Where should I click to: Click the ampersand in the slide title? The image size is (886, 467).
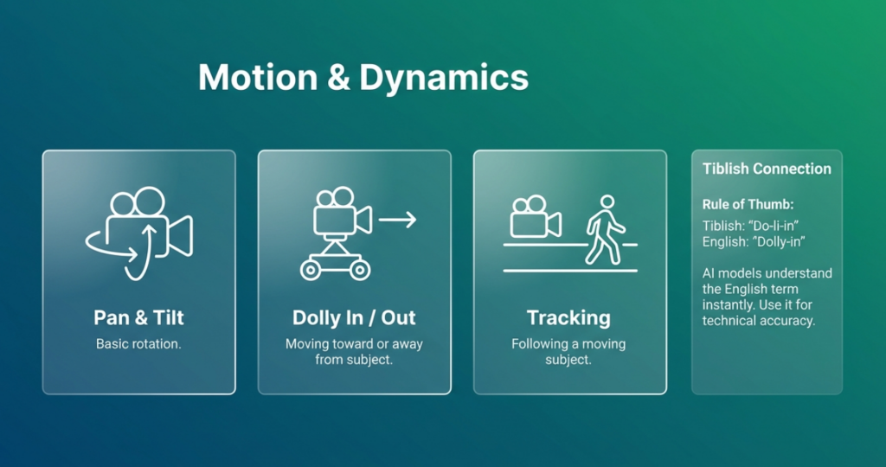tap(338, 77)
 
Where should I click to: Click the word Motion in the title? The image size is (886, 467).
tap(258, 77)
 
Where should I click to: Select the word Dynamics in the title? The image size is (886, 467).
tap(444, 78)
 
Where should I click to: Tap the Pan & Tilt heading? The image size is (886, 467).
tap(139, 317)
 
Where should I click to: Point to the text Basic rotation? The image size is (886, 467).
tap(138, 344)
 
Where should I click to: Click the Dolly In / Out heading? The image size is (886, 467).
tap(354, 317)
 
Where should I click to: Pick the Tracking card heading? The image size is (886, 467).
tap(568, 317)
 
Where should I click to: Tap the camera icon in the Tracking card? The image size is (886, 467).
tap(535, 217)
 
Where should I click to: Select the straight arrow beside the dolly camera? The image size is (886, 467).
tap(397, 220)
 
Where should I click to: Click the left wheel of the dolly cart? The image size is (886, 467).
tap(311, 270)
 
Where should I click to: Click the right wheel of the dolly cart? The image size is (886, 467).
tap(359, 270)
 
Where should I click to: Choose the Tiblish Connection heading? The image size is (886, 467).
tap(767, 169)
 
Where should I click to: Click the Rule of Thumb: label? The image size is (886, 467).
tap(748, 204)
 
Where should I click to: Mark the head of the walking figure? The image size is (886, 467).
tap(607, 202)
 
